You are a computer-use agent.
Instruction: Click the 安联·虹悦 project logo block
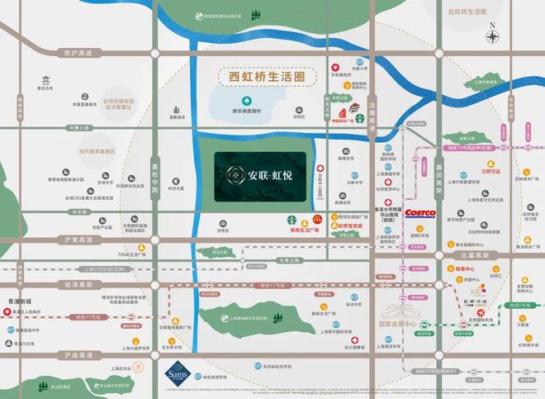[x=260, y=175]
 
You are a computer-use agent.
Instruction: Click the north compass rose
[x=492, y=36]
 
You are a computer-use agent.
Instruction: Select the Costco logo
[x=419, y=213]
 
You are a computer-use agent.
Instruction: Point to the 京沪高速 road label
[x=73, y=52]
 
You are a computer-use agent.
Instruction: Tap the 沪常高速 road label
[x=75, y=239]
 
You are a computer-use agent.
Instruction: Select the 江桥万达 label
[x=492, y=171]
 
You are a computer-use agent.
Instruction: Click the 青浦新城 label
[x=17, y=302]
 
